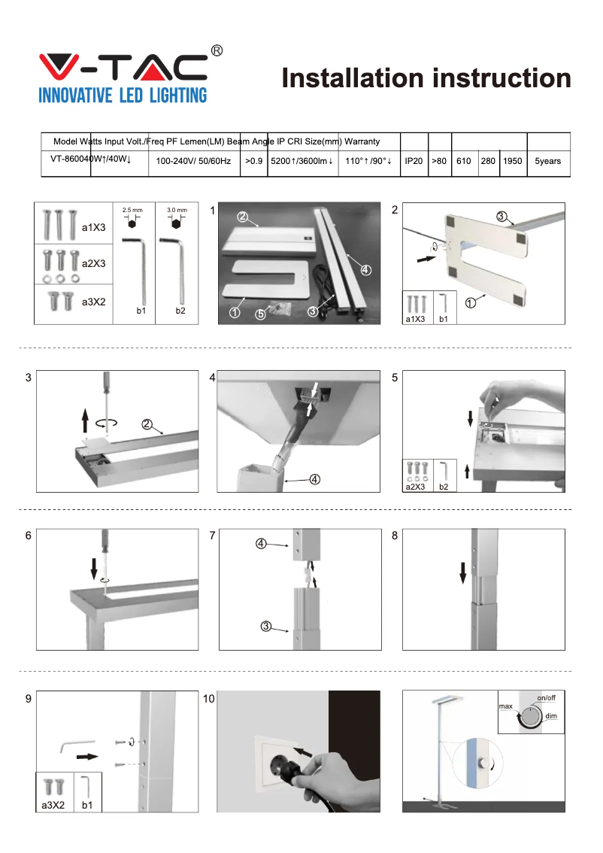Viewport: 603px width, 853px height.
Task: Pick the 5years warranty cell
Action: [548, 161]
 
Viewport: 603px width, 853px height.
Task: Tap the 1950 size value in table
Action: [513, 161]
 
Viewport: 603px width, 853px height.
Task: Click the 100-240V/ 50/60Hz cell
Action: [194, 161]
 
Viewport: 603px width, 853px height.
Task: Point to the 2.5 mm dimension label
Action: [132, 209]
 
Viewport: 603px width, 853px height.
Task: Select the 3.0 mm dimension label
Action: [177, 209]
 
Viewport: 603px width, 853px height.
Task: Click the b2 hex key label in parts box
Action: [183, 309]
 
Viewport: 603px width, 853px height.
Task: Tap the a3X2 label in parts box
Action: [93, 302]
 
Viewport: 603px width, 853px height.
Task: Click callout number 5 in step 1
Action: [260, 314]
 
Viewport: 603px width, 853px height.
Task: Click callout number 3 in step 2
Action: [501, 217]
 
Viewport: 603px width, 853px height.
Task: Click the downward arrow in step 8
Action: [463, 572]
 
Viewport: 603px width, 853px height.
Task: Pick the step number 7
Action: [213, 536]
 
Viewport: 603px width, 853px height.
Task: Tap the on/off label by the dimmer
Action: [546, 698]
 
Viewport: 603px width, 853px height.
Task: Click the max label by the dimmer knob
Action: [505, 707]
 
